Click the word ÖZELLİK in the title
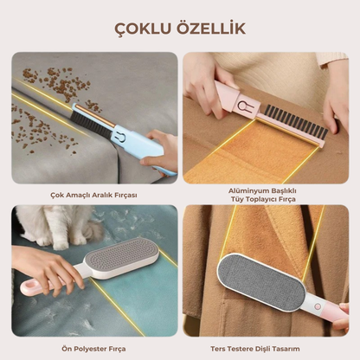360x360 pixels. click(210, 28)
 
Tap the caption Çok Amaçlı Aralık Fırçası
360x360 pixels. click(93, 196)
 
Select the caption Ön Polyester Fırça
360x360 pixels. click(93, 349)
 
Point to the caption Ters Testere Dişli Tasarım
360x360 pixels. click(255, 349)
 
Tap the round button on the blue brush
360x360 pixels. click(122, 137)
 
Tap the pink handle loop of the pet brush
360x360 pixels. click(30, 288)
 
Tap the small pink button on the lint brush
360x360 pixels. click(318, 306)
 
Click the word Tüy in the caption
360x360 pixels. click(236, 199)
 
